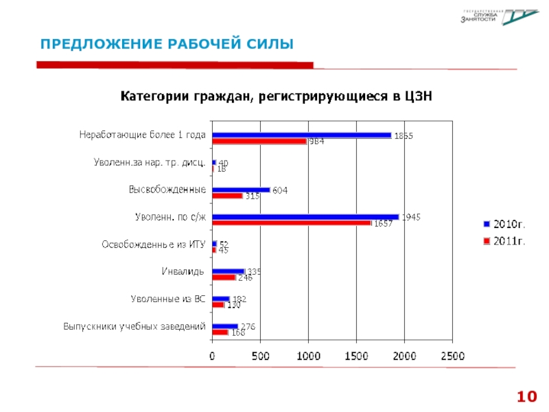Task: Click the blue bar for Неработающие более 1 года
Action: [x=302, y=135]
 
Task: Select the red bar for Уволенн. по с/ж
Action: [x=292, y=222]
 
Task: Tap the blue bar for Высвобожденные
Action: [x=242, y=190]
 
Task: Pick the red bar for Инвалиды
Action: [x=224, y=277]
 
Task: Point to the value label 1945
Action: [x=412, y=217]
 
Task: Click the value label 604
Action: [x=280, y=190]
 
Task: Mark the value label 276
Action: [x=247, y=327]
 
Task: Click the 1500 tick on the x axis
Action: [x=356, y=356]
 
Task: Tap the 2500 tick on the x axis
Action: [x=452, y=356]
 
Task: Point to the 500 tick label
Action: [x=261, y=356]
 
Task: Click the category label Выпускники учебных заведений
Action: [x=135, y=326]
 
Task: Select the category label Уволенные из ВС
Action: [x=168, y=299]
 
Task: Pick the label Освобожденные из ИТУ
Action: [x=154, y=244]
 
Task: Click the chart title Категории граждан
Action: [x=277, y=96]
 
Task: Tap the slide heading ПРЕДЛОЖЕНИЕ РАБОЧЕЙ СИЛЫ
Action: [x=166, y=45]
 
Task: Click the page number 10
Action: [x=526, y=396]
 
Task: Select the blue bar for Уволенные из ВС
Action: [x=221, y=299]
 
